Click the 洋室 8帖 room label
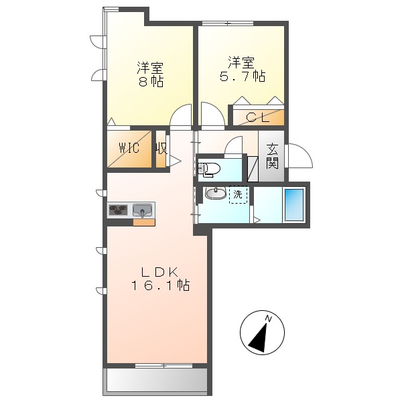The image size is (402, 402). (x=151, y=74)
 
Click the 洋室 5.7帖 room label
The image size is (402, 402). (x=241, y=69)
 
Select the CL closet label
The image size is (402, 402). (x=257, y=118)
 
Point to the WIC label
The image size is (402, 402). (x=129, y=148)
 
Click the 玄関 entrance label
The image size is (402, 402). (x=272, y=156)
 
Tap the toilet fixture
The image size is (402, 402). (x=209, y=168)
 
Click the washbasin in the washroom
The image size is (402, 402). (x=216, y=194)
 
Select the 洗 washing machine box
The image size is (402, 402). (x=238, y=194)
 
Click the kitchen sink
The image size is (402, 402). (x=143, y=210)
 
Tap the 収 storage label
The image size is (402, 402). (x=161, y=148)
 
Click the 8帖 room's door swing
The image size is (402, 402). (x=181, y=115)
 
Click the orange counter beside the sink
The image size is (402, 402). (x=143, y=222)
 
